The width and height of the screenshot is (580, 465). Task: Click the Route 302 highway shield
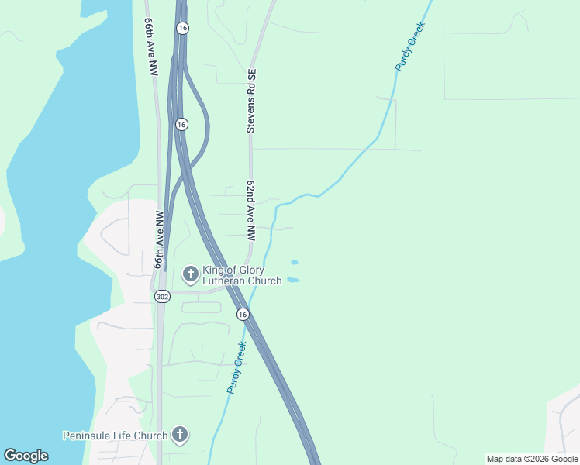[x=161, y=296]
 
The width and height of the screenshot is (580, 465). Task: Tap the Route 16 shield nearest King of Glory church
[x=243, y=314]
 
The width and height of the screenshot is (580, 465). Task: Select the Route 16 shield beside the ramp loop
[x=181, y=124]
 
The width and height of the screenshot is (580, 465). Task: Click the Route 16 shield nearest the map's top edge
[x=182, y=28]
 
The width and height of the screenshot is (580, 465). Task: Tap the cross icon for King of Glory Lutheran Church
[x=190, y=274]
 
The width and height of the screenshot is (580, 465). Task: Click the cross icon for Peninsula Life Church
[x=180, y=434]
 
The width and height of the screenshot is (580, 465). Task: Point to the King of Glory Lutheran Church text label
[x=242, y=275]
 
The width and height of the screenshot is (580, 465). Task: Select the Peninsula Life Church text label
[x=116, y=436]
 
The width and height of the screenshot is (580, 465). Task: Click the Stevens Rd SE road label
[x=251, y=101]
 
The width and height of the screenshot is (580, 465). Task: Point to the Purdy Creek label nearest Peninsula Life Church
[x=236, y=367]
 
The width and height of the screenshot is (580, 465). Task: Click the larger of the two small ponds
[x=293, y=279]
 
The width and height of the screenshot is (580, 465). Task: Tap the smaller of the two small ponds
[x=294, y=262]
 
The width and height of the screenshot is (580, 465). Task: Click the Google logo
[x=26, y=456]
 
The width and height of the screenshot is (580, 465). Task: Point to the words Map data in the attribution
[x=502, y=459]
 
